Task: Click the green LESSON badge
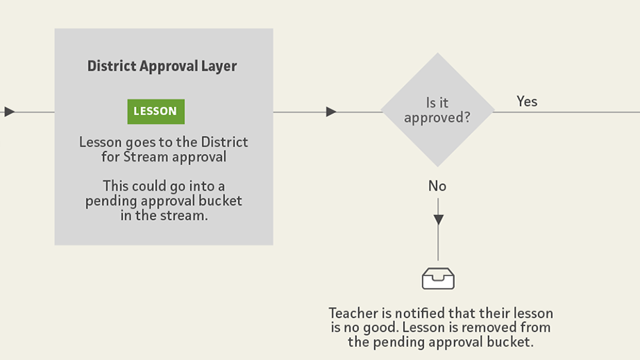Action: click(156, 111)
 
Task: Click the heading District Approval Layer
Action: click(162, 66)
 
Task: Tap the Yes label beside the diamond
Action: click(527, 101)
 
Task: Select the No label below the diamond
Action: click(437, 186)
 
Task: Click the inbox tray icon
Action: click(438, 278)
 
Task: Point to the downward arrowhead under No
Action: click(439, 220)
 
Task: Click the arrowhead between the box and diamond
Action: click(331, 112)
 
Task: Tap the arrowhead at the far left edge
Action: click(10, 112)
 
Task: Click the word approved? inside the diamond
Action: click(437, 118)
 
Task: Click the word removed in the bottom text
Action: click(489, 327)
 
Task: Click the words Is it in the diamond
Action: click(437, 103)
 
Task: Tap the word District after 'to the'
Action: click(224, 142)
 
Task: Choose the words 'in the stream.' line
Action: click(164, 215)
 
